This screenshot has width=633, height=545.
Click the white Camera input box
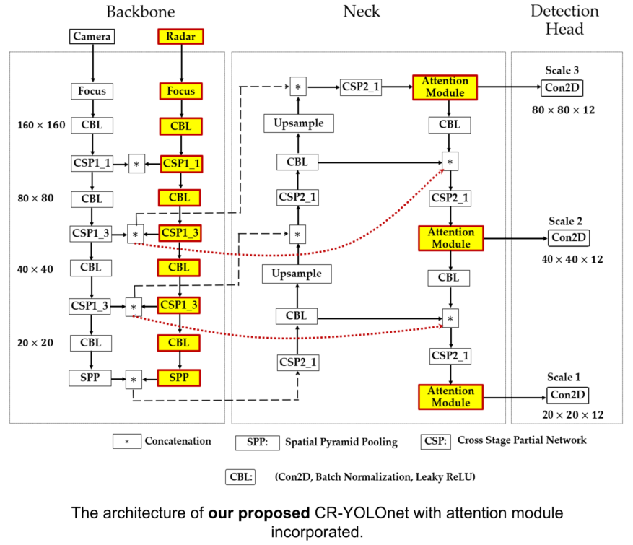pos(92,36)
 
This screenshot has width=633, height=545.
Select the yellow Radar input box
pos(180,36)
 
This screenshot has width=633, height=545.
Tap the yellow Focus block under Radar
pos(180,92)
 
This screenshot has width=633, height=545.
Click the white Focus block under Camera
pos(92,92)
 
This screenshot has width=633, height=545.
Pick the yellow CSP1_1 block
pos(180,164)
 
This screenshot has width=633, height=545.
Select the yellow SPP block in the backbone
pos(180,378)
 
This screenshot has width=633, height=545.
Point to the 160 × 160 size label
pos(41,126)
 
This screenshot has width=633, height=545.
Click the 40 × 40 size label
pos(36,269)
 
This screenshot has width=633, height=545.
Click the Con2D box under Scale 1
pos(568,395)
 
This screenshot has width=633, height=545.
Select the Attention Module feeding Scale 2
pos(451,238)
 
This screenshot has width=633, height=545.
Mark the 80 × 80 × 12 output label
pos(563,110)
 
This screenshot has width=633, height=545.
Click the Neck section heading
pos(361,12)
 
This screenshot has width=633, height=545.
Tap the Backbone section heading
pos(140,12)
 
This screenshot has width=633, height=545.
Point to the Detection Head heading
pos(564,19)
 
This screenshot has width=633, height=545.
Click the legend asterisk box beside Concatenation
pos(127,441)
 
